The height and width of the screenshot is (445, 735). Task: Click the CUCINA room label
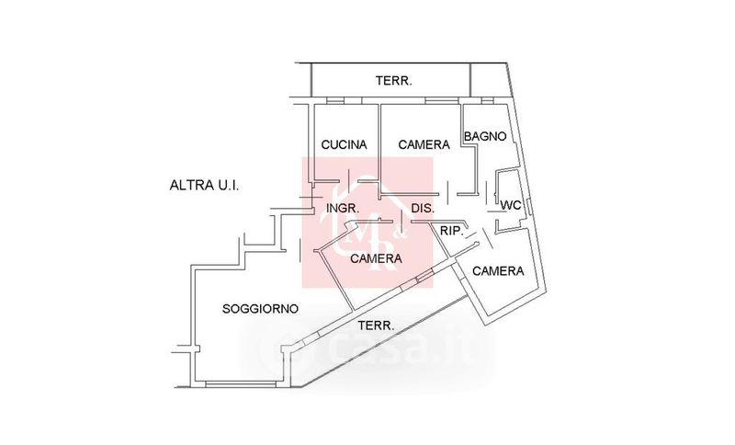pos(344,144)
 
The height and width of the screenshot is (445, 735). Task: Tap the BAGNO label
pos(485,136)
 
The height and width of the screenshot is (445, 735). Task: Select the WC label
pos(512,206)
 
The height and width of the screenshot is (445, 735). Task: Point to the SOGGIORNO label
pos(260,309)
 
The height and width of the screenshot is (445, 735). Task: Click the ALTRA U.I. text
pos(204,185)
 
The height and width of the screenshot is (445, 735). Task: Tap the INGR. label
pos(343,209)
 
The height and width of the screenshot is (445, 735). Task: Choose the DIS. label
pos(423,209)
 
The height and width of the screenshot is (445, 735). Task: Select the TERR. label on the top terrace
pos(394,81)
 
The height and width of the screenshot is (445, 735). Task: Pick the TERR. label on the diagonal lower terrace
pos(376,325)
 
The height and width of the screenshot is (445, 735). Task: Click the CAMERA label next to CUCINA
pos(424,144)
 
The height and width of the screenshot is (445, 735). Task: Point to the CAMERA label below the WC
pos(498,271)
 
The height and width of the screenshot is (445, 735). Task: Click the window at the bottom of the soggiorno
pos(243,382)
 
